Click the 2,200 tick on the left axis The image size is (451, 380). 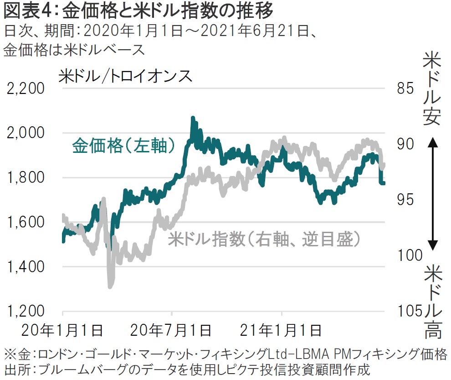(26, 88)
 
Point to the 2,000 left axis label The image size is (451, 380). (26, 133)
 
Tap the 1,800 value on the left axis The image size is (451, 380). (26, 177)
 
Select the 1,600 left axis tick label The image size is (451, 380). (26, 222)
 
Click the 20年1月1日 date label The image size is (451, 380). (63, 330)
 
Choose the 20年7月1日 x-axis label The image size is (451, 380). (172, 330)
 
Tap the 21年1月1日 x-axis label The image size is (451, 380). (282, 330)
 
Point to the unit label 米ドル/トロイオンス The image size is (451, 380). (125, 76)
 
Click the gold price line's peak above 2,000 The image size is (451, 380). (193, 119)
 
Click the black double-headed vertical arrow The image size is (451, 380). (433, 195)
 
